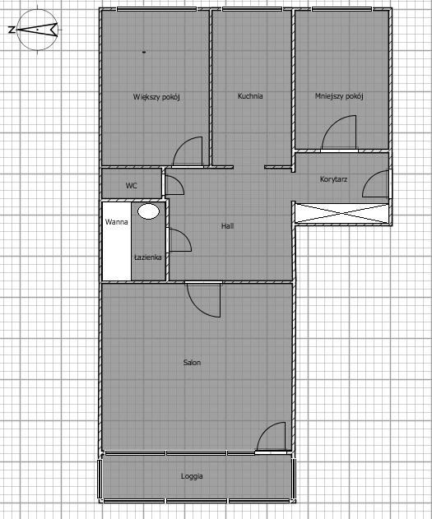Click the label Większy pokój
pyautogui.click(x=156, y=97)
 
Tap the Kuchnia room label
pyautogui.click(x=250, y=96)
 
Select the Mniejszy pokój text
pyautogui.click(x=339, y=96)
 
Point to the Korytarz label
pyautogui.click(x=333, y=179)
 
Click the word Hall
pyautogui.click(x=227, y=226)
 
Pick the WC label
pyautogui.click(x=131, y=186)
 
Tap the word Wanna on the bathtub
pyautogui.click(x=117, y=222)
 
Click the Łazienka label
pyautogui.click(x=148, y=257)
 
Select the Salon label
pyautogui.click(x=192, y=363)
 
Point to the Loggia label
pyautogui.click(x=192, y=476)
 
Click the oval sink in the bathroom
pyautogui.click(x=149, y=211)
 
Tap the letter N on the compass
pyautogui.click(x=12, y=30)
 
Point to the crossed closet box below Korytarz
pyautogui.click(x=341, y=214)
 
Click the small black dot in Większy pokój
pyautogui.click(x=144, y=52)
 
